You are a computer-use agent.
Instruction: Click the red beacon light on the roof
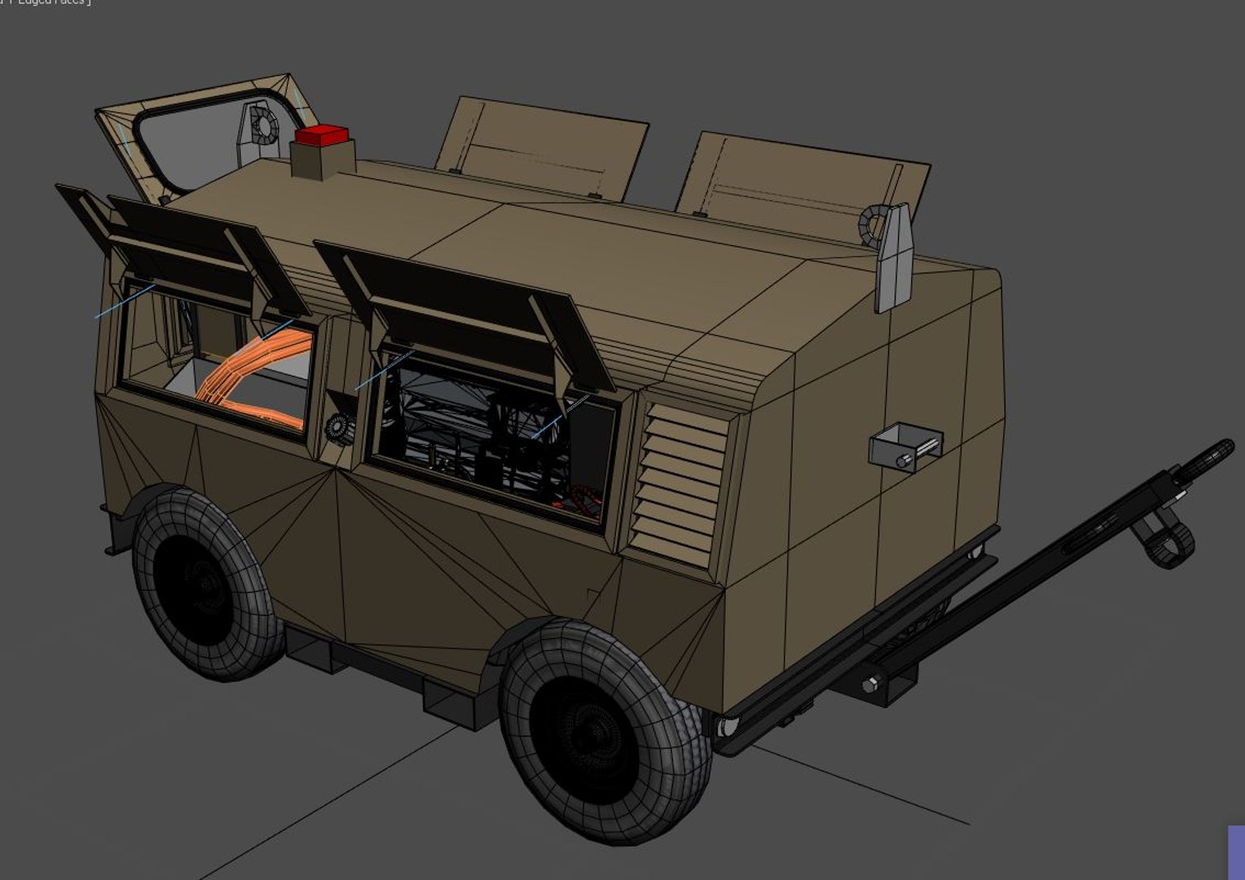tap(321, 134)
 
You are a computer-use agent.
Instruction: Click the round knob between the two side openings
tap(337, 427)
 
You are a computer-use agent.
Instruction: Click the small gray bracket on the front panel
tap(905, 446)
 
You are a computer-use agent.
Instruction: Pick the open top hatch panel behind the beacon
tap(542, 147)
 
